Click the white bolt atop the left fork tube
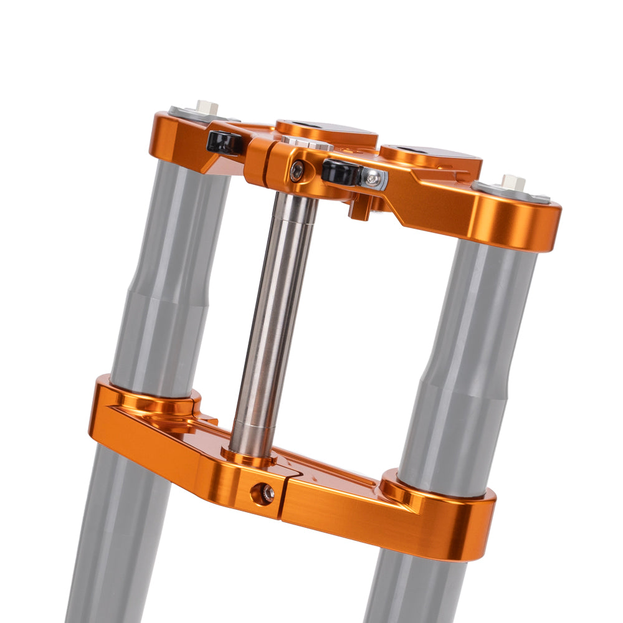point(206,107)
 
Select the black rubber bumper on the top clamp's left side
point(224,143)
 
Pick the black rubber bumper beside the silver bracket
point(340,171)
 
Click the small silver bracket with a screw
point(373,179)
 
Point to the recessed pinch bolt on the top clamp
point(298,171)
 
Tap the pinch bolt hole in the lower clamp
point(266,493)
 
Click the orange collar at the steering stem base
point(249,458)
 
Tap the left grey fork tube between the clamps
point(165,280)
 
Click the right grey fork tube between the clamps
point(470,361)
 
